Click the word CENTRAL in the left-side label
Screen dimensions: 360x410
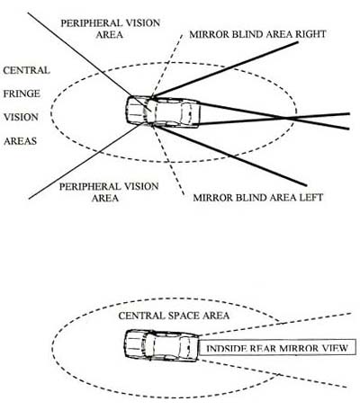pyautogui.click(x=26, y=70)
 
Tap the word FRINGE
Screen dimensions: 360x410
pyautogui.click(x=22, y=94)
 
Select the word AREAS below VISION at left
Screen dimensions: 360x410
pyautogui.click(x=20, y=141)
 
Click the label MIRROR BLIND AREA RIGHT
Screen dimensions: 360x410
pyautogui.click(x=257, y=34)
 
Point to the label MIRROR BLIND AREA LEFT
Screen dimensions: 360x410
pyautogui.click(x=258, y=198)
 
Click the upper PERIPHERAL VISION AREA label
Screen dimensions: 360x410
pyautogui.click(x=110, y=29)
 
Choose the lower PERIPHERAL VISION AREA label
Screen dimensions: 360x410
pyautogui.click(x=109, y=192)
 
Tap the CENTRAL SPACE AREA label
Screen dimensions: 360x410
pyautogui.click(x=174, y=316)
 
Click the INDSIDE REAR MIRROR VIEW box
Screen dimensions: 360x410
pyautogui.click(x=277, y=348)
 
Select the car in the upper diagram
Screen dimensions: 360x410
pyautogui.click(x=163, y=111)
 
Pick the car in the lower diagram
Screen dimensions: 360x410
pyautogui.click(x=162, y=345)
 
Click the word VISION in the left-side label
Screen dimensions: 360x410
pyautogui.click(x=21, y=117)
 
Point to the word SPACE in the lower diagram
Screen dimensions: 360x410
pyautogui.click(x=184, y=316)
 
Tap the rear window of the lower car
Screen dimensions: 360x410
pyautogui.click(x=185, y=345)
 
